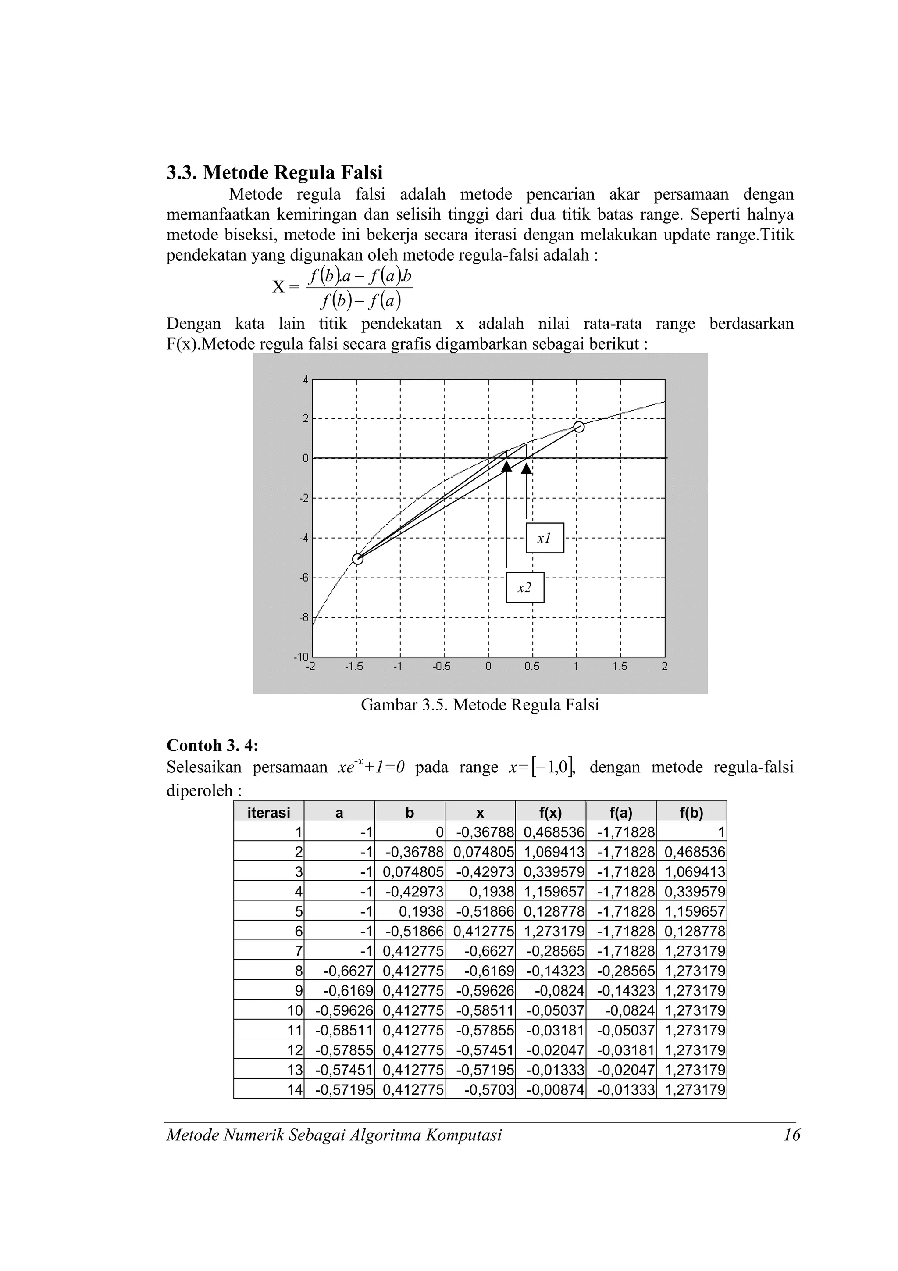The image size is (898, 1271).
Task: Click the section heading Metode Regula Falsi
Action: [274, 173]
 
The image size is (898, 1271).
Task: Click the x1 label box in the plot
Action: [545, 538]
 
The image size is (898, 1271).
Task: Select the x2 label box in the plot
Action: [524, 587]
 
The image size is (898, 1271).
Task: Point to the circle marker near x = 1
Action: [579, 426]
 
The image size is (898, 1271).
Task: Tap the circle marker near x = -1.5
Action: [358, 559]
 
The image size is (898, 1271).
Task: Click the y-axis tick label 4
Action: [305, 380]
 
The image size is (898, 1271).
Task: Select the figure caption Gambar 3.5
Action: [480, 705]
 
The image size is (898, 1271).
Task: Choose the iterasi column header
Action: [268, 813]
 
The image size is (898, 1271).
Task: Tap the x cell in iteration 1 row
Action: [480, 832]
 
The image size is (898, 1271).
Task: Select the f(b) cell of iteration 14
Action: [691, 1090]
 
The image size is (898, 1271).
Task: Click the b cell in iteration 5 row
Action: [410, 912]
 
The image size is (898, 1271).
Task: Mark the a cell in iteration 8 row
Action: [339, 971]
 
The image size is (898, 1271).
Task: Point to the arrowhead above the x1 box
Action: [526, 468]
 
